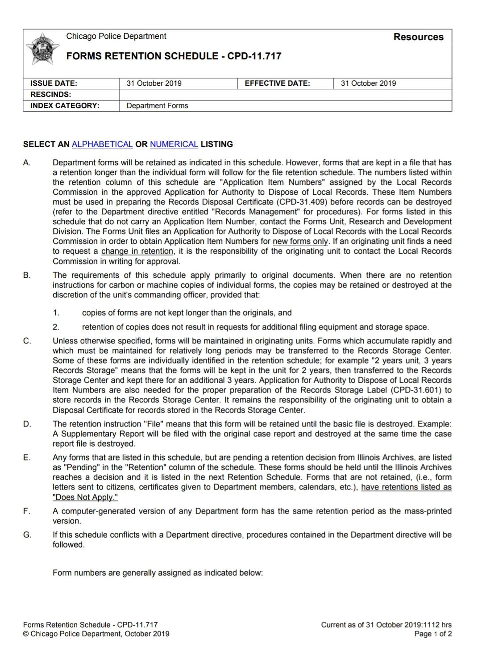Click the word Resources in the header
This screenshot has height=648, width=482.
point(418,37)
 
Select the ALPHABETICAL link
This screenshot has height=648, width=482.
point(102,144)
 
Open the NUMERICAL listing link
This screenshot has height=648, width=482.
point(174,144)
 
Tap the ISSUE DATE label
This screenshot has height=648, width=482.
point(54,83)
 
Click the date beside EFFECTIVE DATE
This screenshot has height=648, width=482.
point(368,83)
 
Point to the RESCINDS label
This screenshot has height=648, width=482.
point(50,94)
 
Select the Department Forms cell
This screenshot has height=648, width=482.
point(157,106)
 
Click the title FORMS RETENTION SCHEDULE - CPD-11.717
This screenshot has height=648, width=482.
point(174,56)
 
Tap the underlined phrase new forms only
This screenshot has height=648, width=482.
point(300,241)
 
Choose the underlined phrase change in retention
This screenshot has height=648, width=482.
point(137,251)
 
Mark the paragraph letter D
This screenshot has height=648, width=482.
point(27,424)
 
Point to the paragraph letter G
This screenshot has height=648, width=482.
point(27,535)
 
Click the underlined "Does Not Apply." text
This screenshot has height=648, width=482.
point(85,497)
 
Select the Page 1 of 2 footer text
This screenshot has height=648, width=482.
point(433,634)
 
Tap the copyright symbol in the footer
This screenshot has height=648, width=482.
point(25,634)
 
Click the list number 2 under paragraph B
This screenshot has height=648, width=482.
point(56,327)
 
